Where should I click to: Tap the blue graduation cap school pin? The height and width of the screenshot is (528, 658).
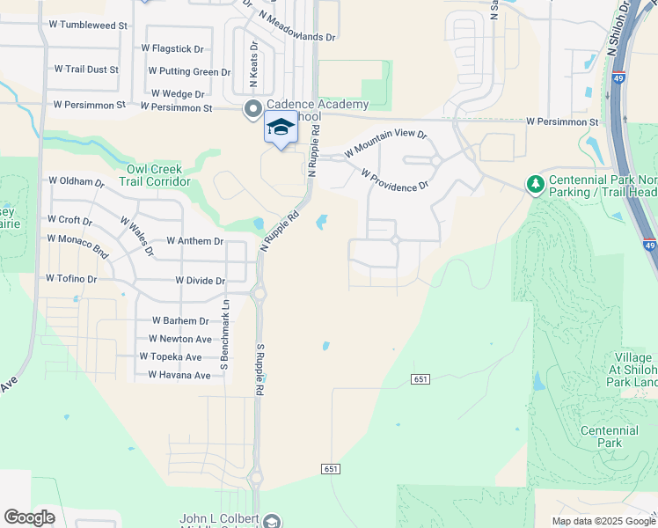[281, 128]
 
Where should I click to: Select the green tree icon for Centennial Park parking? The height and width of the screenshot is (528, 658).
[534, 184]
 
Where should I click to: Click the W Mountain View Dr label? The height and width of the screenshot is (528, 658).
[386, 143]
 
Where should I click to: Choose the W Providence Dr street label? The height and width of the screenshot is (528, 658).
[394, 179]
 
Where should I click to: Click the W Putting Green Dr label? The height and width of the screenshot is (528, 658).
[189, 71]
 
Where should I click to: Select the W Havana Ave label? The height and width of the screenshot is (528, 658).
[179, 375]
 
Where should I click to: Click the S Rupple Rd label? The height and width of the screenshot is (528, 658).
[260, 368]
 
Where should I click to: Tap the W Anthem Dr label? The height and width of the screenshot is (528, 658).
[194, 241]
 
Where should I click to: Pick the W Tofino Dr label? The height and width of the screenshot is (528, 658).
[71, 279]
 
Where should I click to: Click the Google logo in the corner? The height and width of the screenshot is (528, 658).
[29, 517]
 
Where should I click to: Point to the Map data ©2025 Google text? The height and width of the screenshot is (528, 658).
[603, 521]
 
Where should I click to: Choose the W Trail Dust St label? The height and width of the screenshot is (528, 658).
[86, 68]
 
